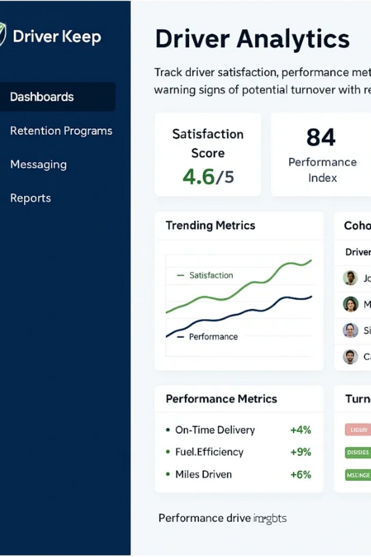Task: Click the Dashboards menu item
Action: [x=42, y=97]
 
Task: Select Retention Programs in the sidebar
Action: [x=61, y=131]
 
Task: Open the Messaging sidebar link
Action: [x=38, y=165]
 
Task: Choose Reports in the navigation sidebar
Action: [x=30, y=198]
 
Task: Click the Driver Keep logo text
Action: [x=56, y=37]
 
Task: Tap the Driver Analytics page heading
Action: [x=252, y=39]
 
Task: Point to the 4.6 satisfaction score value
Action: [x=198, y=177]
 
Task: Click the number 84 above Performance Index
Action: [x=321, y=137]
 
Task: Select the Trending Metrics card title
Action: [x=210, y=225]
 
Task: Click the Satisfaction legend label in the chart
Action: [x=211, y=275]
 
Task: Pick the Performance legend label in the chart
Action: [x=213, y=337]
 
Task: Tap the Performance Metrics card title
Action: [x=221, y=399]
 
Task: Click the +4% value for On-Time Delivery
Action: [x=301, y=430]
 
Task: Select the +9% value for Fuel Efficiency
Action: [x=301, y=452]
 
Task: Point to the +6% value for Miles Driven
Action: [x=301, y=475]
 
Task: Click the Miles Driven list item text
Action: [x=203, y=475]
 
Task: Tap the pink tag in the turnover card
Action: [x=357, y=430]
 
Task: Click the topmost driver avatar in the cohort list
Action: [x=351, y=277]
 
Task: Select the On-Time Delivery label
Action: [x=215, y=430]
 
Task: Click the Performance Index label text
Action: [x=322, y=170]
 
